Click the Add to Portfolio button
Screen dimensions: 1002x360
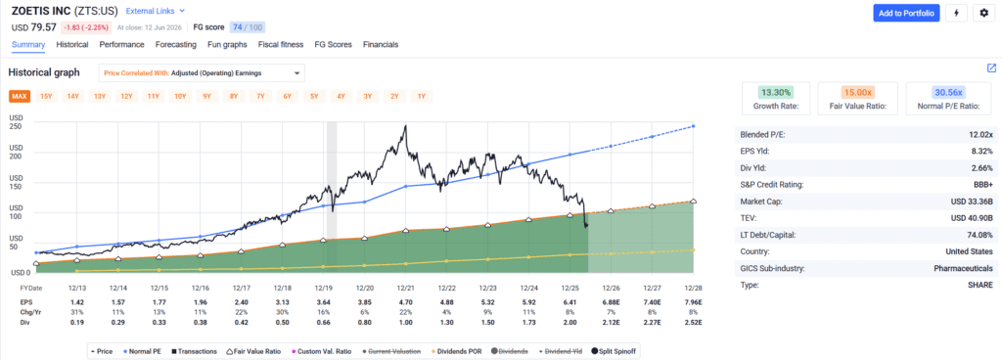coord(906,13)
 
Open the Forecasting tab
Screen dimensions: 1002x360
coord(176,45)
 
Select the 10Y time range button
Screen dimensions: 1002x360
coord(180,97)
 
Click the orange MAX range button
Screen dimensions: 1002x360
coord(20,97)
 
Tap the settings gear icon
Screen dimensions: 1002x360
coord(984,13)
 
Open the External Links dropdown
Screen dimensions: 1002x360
coord(156,11)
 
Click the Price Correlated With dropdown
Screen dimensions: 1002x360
coord(202,72)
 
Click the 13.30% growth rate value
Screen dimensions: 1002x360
coord(775,92)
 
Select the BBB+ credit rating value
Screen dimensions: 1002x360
coord(982,185)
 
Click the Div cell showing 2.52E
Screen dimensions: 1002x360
coord(693,323)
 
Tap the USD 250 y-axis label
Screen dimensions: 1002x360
coord(16,122)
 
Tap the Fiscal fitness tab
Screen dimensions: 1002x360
coord(282,45)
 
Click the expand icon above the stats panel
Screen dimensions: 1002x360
coord(991,68)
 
